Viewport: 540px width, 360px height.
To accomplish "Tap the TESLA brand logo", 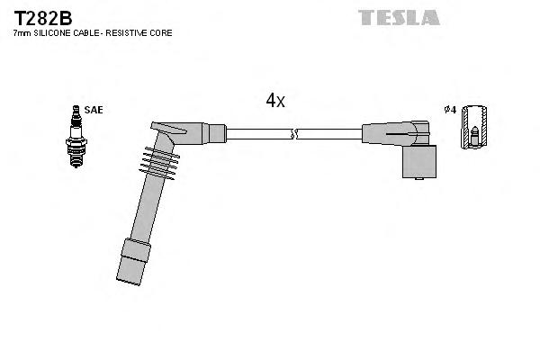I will pos(399,17).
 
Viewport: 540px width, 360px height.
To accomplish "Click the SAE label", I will pos(94,110).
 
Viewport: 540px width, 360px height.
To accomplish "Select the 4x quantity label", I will pos(275,102).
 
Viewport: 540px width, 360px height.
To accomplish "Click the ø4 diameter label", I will pos(450,110).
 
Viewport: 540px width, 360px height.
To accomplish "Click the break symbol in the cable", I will pos(293,135).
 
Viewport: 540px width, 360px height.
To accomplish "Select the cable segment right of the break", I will pos(328,135).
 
